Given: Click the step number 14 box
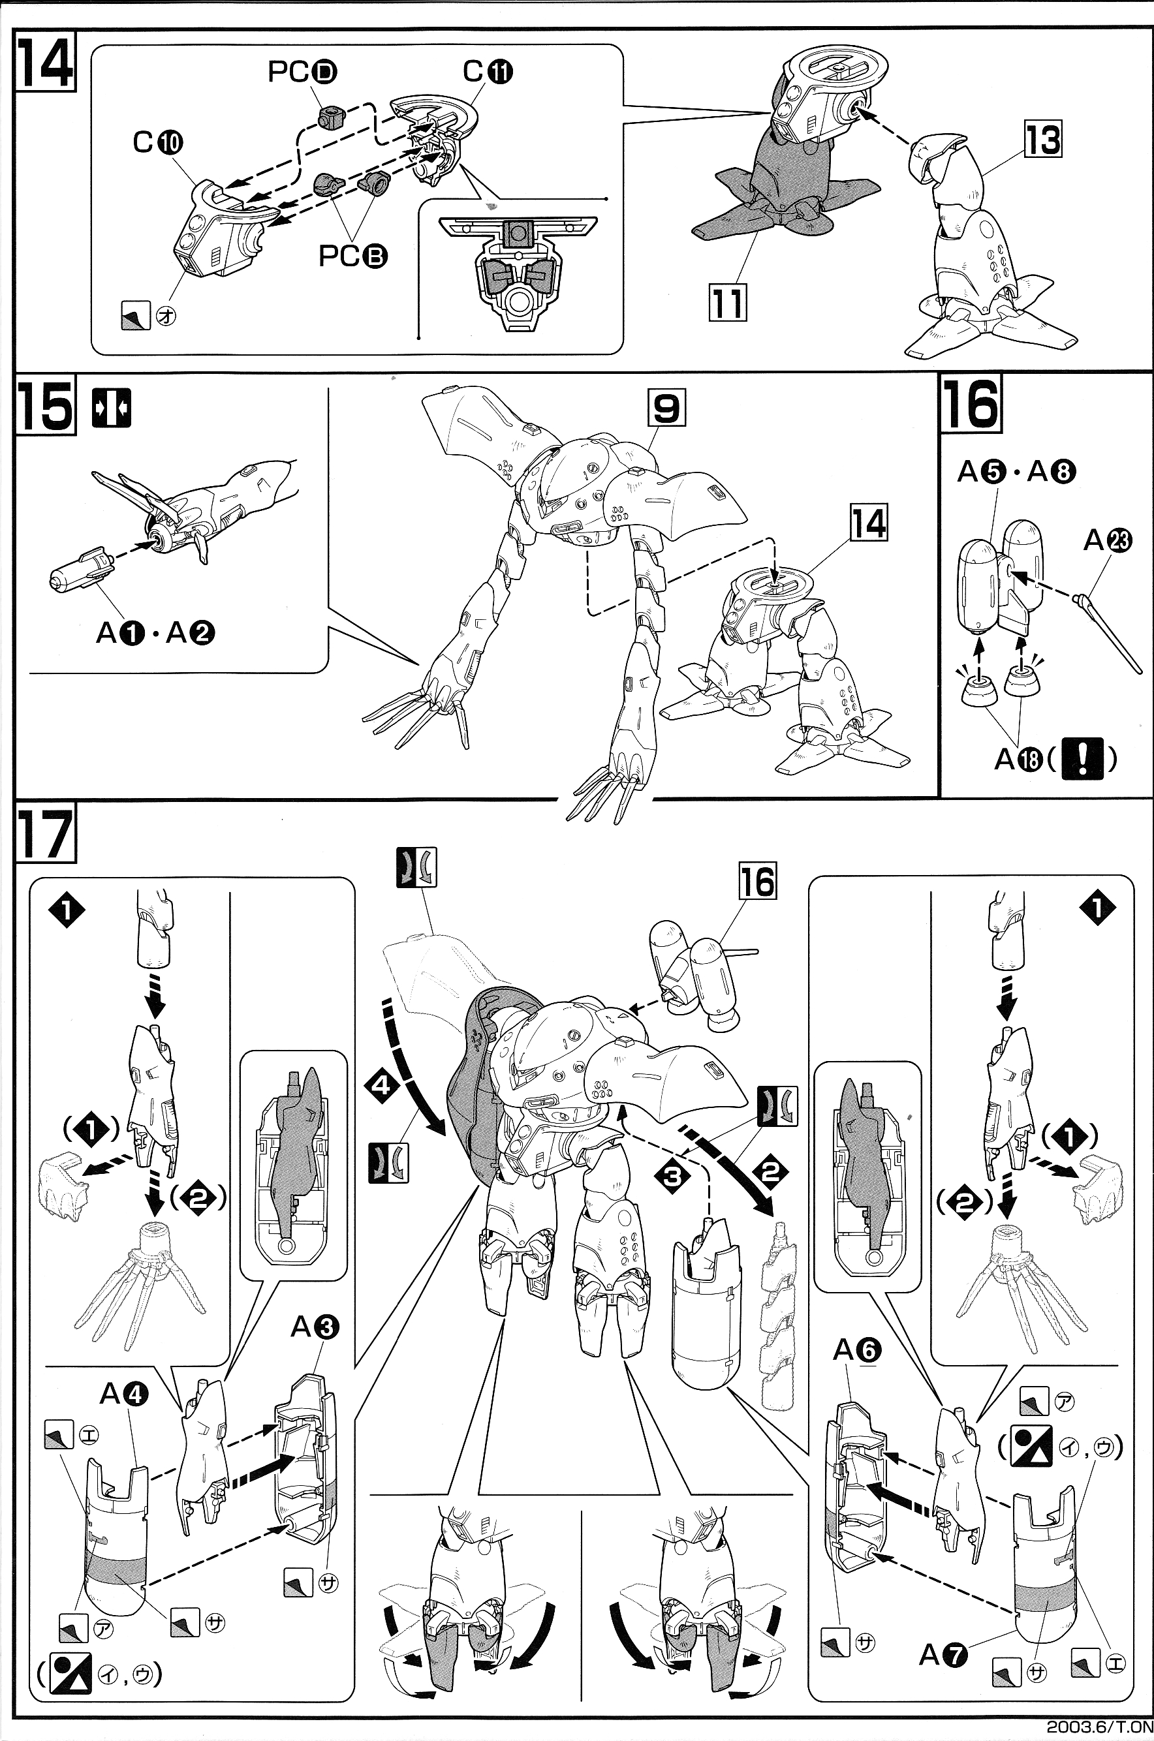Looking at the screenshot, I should pos(46,63).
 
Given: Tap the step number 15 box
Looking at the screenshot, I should pos(46,406).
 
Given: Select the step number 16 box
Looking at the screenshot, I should pos(971,404).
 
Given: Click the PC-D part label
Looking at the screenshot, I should pos(302,72).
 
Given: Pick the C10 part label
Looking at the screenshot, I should pos(157,142).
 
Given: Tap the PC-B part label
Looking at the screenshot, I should pos(352,255).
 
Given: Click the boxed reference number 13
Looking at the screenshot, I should pos(1043,140).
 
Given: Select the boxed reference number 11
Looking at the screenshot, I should pos(727,301).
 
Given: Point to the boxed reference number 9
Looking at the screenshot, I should pos(666,408).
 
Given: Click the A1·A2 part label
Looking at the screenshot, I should pos(155,632).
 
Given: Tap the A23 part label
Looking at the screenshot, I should pos(1107,542).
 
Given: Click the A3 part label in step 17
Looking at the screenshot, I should pos(315,1327).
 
